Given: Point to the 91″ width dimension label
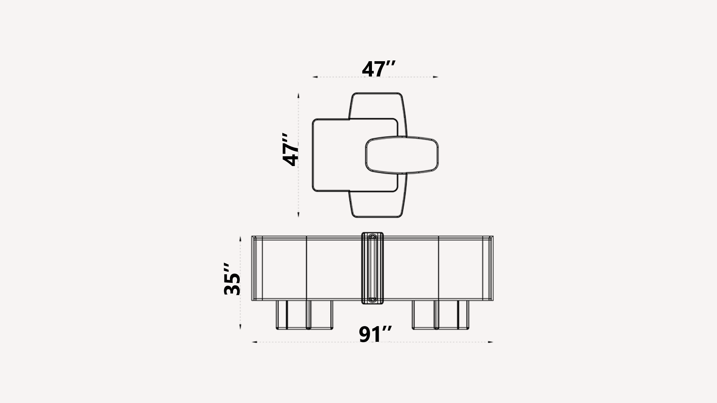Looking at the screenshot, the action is point(375,334).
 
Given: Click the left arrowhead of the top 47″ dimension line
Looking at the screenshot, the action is point(315,77).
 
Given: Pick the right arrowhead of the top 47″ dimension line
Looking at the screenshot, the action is point(435,77).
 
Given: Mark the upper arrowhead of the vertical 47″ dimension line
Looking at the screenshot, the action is point(298,95).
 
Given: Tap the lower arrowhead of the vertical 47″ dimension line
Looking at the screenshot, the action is point(298,215).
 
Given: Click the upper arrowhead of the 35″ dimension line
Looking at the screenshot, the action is point(240,238).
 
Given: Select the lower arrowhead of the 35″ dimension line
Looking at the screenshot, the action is point(240,327).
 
